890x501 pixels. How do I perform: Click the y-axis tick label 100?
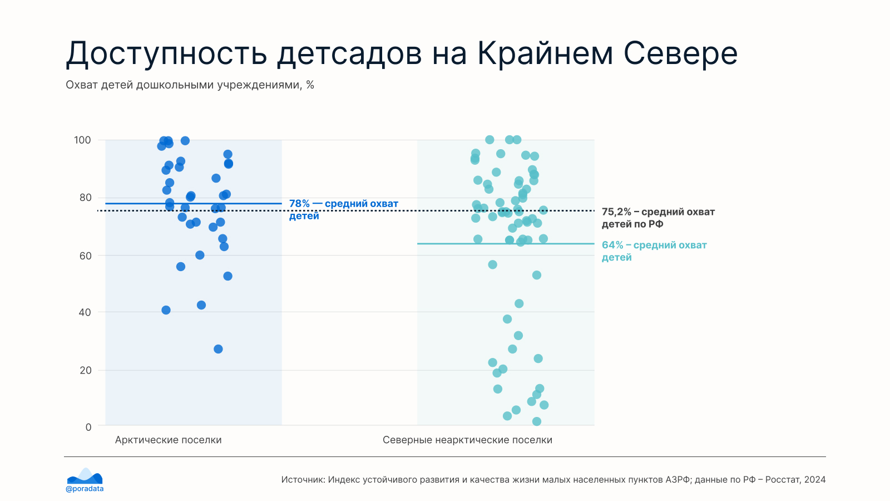(82, 140)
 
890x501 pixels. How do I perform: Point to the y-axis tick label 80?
(86, 198)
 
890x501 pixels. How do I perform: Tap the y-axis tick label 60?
(86, 256)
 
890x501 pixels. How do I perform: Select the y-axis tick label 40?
(85, 312)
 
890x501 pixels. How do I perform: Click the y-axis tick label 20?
(86, 370)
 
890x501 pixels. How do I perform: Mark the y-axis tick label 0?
(88, 427)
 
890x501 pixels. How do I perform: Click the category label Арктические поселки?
(168, 440)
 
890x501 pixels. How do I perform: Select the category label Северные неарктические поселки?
(467, 440)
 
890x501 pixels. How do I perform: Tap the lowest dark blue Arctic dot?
(218, 349)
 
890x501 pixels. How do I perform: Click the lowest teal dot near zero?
(536, 421)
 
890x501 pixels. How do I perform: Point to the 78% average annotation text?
(343, 209)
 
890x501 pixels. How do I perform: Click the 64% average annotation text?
(654, 251)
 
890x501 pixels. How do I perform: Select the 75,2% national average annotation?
(658, 218)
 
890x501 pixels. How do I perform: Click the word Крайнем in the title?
(545, 53)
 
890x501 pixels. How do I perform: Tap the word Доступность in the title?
(166, 53)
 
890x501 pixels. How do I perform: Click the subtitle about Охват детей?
(190, 85)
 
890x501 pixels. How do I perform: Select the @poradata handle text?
(85, 489)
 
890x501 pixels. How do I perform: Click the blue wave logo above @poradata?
(85, 476)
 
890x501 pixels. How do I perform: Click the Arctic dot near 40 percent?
(166, 310)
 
